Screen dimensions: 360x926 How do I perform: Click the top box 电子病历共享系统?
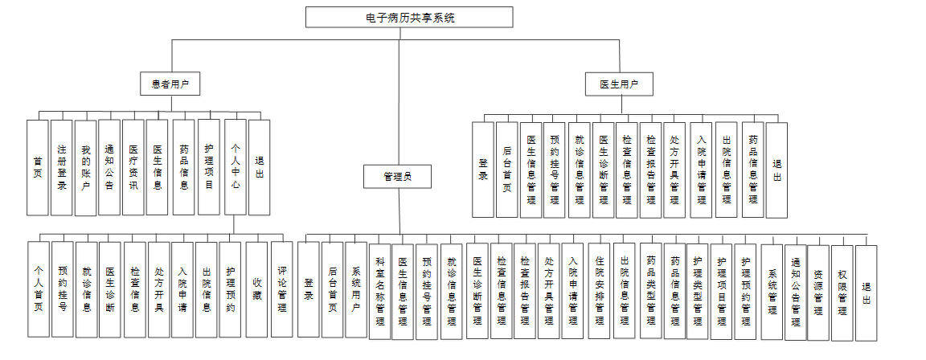[409, 17]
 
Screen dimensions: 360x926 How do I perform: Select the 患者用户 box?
[170, 83]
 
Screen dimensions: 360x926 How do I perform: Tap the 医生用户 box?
[619, 84]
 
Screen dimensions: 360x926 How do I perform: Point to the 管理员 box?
[398, 176]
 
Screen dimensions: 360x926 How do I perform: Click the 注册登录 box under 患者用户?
[62, 167]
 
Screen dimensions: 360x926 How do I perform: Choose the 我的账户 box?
[86, 167]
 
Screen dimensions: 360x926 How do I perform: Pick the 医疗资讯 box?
[133, 167]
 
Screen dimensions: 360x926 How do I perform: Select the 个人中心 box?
[235, 167]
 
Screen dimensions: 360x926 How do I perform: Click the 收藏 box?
[256, 288]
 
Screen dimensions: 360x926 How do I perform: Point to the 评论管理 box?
[281, 288]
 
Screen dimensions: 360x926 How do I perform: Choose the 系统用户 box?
[355, 288]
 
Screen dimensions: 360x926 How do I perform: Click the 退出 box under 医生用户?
[776, 170]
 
